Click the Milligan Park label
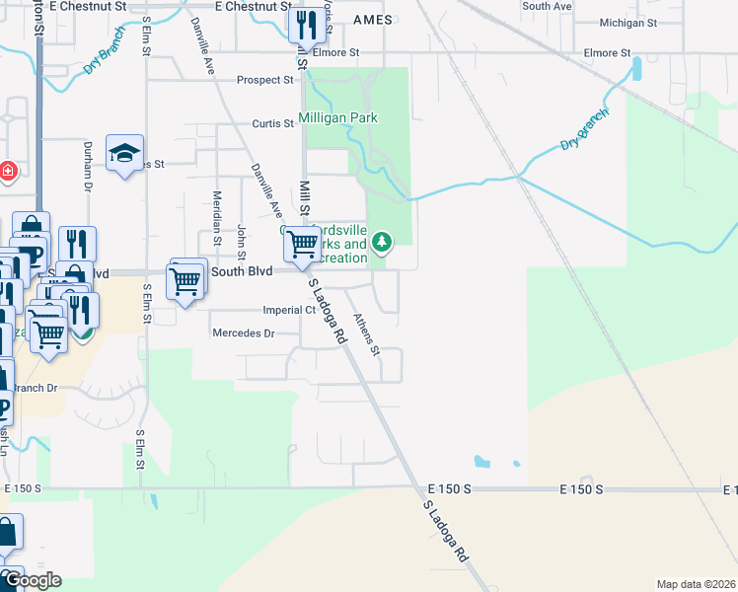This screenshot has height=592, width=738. click(x=339, y=118)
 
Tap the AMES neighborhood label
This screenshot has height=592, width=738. click(x=372, y=20)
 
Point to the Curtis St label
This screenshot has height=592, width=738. click(x=272, y=123)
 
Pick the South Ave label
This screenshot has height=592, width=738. click(x=547, y=6)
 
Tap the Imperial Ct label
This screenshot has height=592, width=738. click(x=288, y=310)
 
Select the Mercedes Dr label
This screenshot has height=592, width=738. click(x=243, y=333)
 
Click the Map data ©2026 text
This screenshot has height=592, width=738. click(x=696, y=584)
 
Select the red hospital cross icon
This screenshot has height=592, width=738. click(x=8, y=172)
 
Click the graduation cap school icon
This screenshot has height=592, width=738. click(x=125, y=153)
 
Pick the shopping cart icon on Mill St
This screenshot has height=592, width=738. click(x=303, y=242)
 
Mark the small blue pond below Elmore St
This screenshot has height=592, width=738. click(x=635, y=68)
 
